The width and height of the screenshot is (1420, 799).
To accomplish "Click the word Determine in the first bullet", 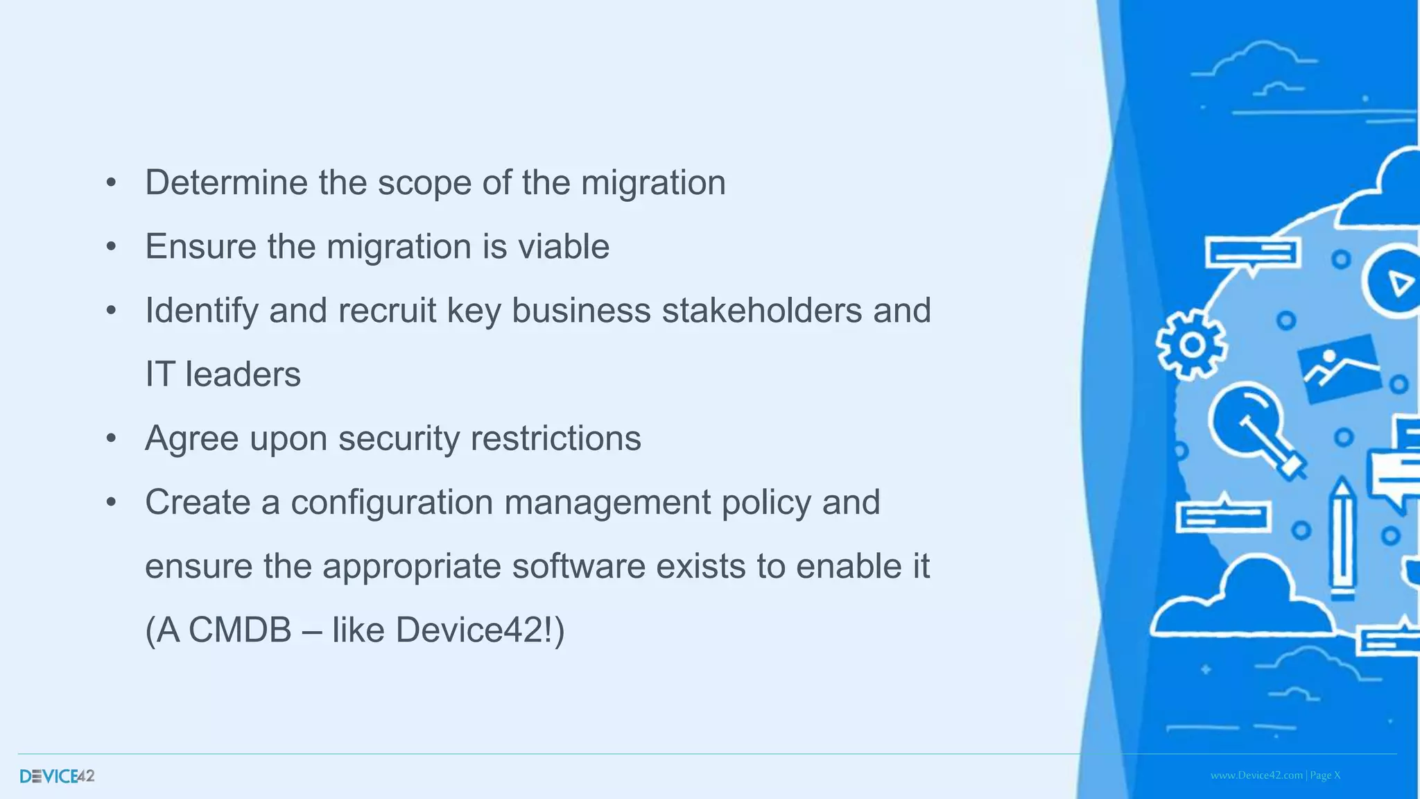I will point(225,183).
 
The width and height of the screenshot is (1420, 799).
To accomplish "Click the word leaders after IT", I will point(243,375).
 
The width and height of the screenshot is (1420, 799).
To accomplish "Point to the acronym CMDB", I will point(240,630).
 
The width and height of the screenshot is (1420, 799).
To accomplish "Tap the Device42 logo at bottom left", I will point(57,776).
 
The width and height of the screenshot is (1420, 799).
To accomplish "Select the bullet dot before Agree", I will point(111,439).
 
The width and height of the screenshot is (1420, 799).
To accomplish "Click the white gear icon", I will point(1191,344).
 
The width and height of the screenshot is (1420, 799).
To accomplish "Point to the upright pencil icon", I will point(1342,538).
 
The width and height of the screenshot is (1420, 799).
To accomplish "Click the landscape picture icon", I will point(1339,368).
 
